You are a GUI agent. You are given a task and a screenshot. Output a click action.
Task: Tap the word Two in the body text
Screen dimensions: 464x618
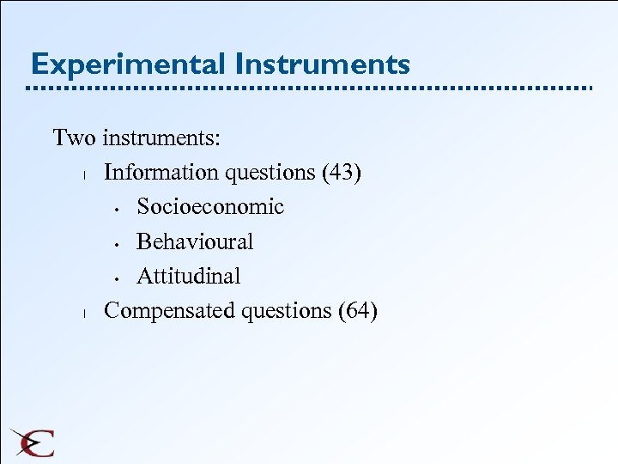[74, 137]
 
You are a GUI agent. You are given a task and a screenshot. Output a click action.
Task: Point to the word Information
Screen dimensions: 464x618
[161, 173]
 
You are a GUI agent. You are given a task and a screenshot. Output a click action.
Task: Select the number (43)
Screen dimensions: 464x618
[342, 173]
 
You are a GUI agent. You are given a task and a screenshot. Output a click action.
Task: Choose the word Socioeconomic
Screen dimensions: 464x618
[210, 207]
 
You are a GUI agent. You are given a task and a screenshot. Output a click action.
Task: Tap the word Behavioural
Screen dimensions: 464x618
[195, 241]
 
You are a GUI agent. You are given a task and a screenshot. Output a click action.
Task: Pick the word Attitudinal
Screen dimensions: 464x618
[189, 276]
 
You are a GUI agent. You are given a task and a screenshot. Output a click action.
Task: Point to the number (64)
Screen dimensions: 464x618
[358, 310]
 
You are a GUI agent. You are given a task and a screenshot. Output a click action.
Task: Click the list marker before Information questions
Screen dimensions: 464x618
[77, 175]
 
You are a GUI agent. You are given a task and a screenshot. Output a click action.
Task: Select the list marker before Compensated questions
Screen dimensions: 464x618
[77, 313]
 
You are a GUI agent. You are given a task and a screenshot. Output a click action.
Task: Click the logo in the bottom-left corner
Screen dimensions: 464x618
[33, 443]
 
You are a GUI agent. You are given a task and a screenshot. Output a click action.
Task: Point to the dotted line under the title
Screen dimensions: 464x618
[309, 89]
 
